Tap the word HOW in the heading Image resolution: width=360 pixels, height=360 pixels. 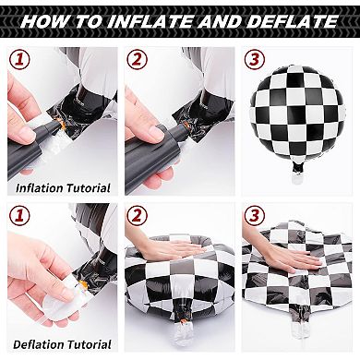tap(43, 19)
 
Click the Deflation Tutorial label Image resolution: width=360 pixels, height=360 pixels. tap(63, 345)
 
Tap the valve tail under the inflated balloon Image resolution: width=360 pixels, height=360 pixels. tap(296, 169)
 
